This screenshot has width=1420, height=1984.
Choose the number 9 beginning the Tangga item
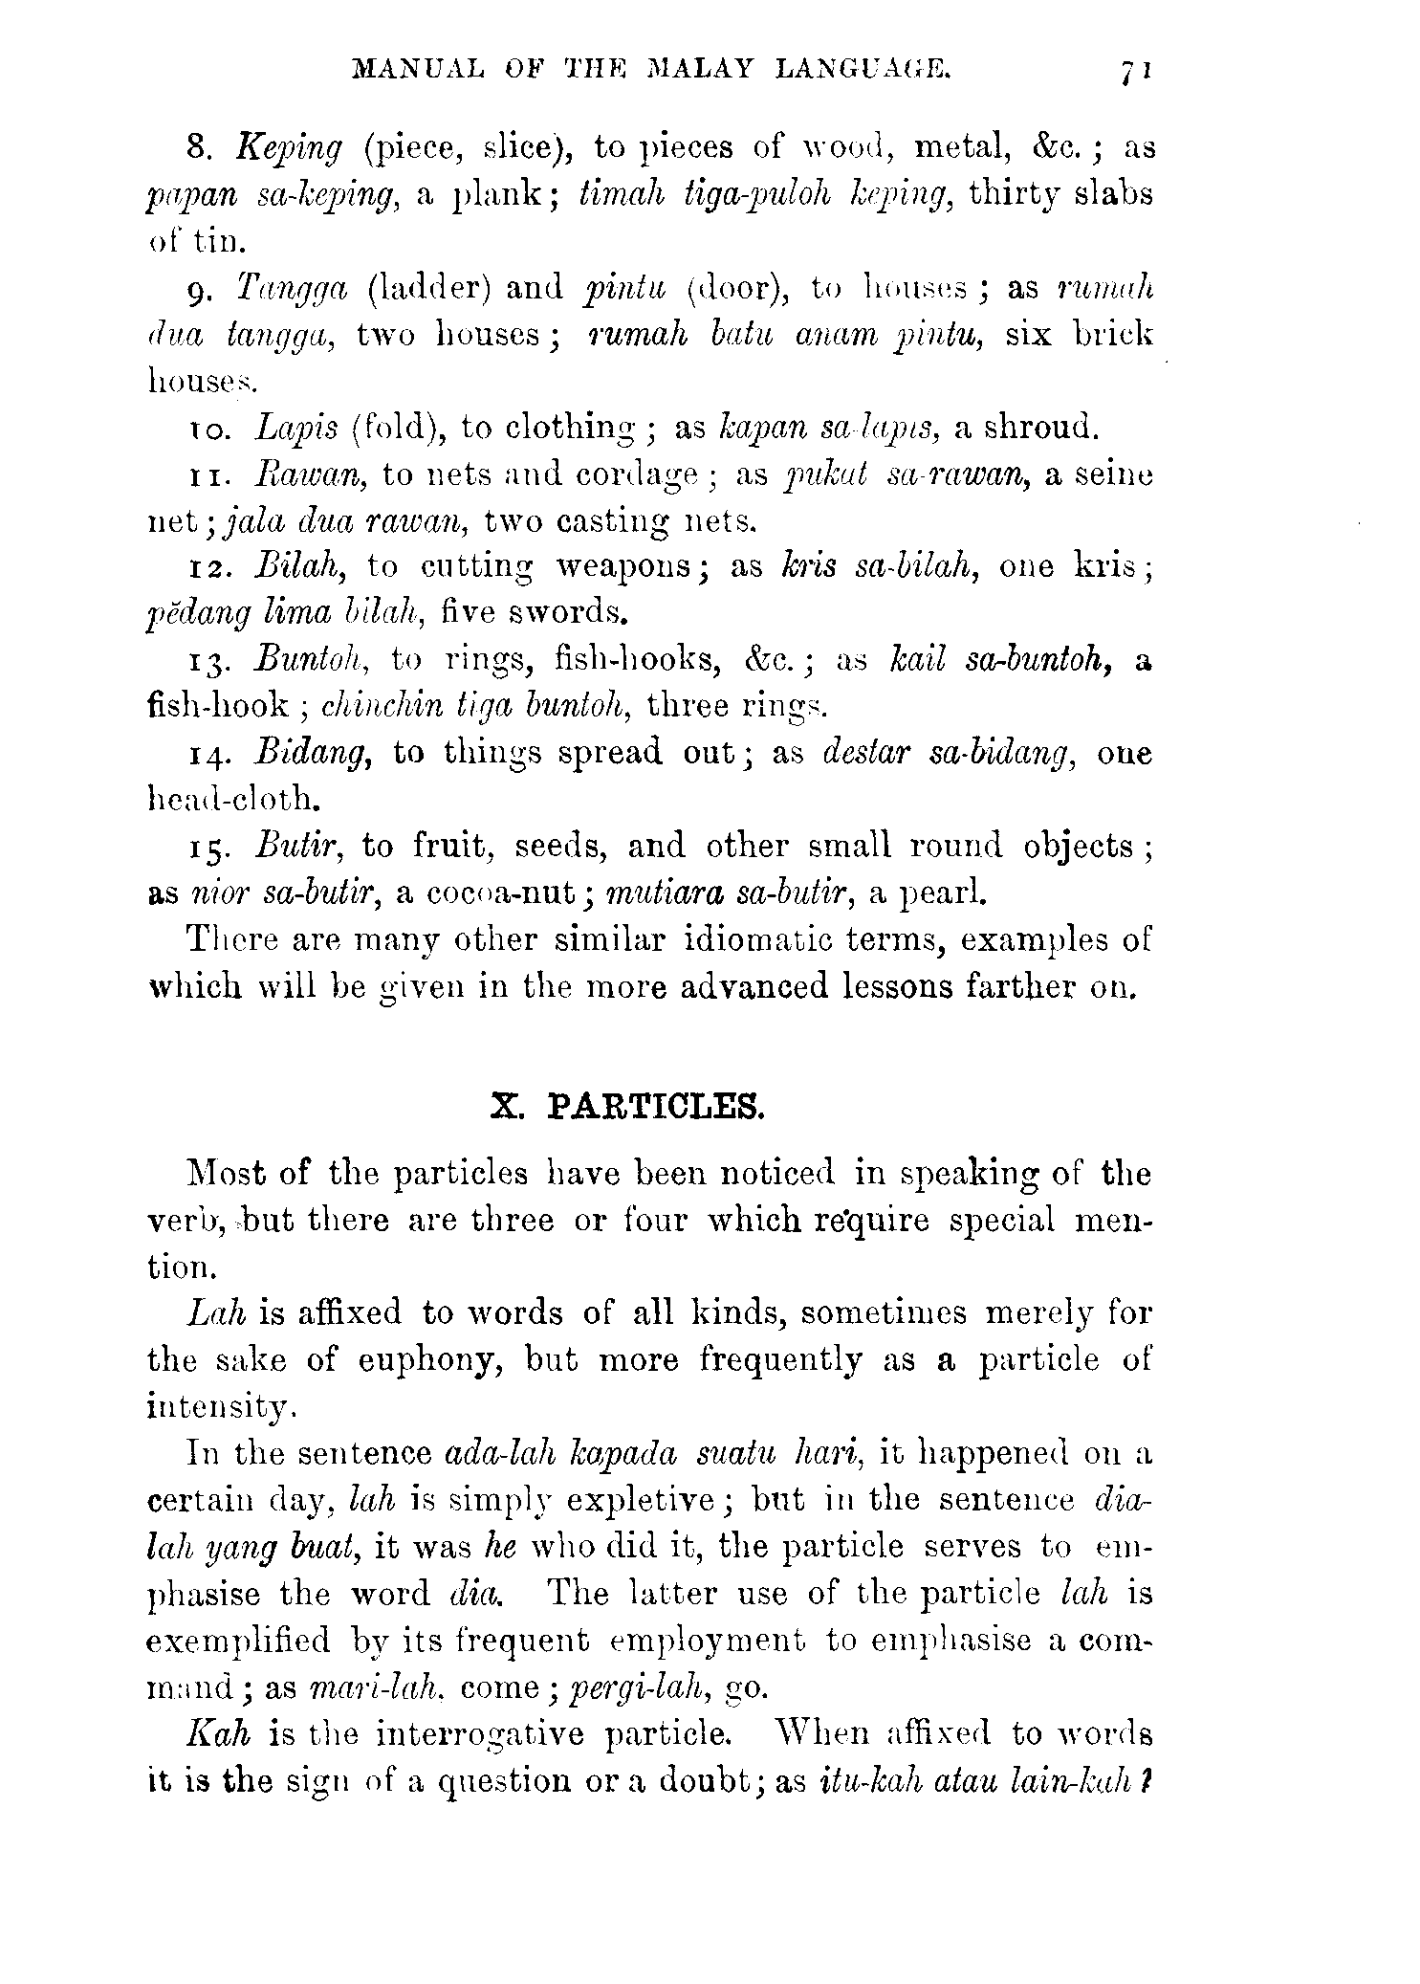pos(194,291)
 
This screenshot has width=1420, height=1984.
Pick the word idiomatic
pos(760,940)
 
